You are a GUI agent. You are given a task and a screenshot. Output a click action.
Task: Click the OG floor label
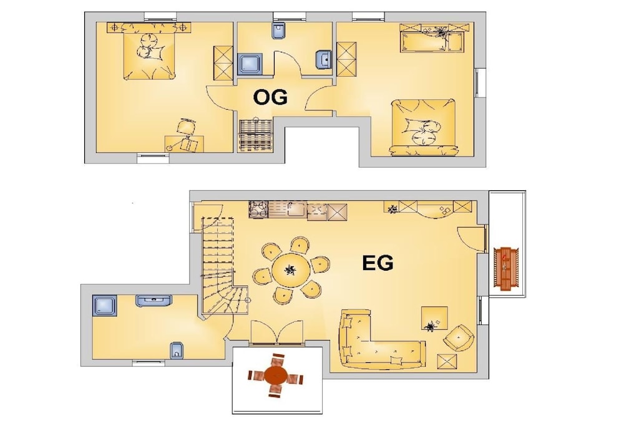(270, 98)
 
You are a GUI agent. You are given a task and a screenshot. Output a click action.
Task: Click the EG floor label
(378, 263)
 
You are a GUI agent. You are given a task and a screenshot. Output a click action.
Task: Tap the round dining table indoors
(291, 269)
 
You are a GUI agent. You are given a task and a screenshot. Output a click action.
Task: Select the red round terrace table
(275, 374)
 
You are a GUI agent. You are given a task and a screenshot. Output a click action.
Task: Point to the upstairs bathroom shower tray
(250, 64)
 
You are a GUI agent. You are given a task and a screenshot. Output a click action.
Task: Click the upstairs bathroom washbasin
(324, 59)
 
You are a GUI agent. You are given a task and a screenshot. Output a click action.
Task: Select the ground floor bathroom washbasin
(154, 301)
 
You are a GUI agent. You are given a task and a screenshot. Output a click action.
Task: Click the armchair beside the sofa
(459, 337)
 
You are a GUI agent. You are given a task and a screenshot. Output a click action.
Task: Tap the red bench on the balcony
(505, 268)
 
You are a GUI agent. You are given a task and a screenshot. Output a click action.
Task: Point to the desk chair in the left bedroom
(186, 127)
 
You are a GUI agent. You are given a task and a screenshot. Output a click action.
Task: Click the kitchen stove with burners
(258, 210)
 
